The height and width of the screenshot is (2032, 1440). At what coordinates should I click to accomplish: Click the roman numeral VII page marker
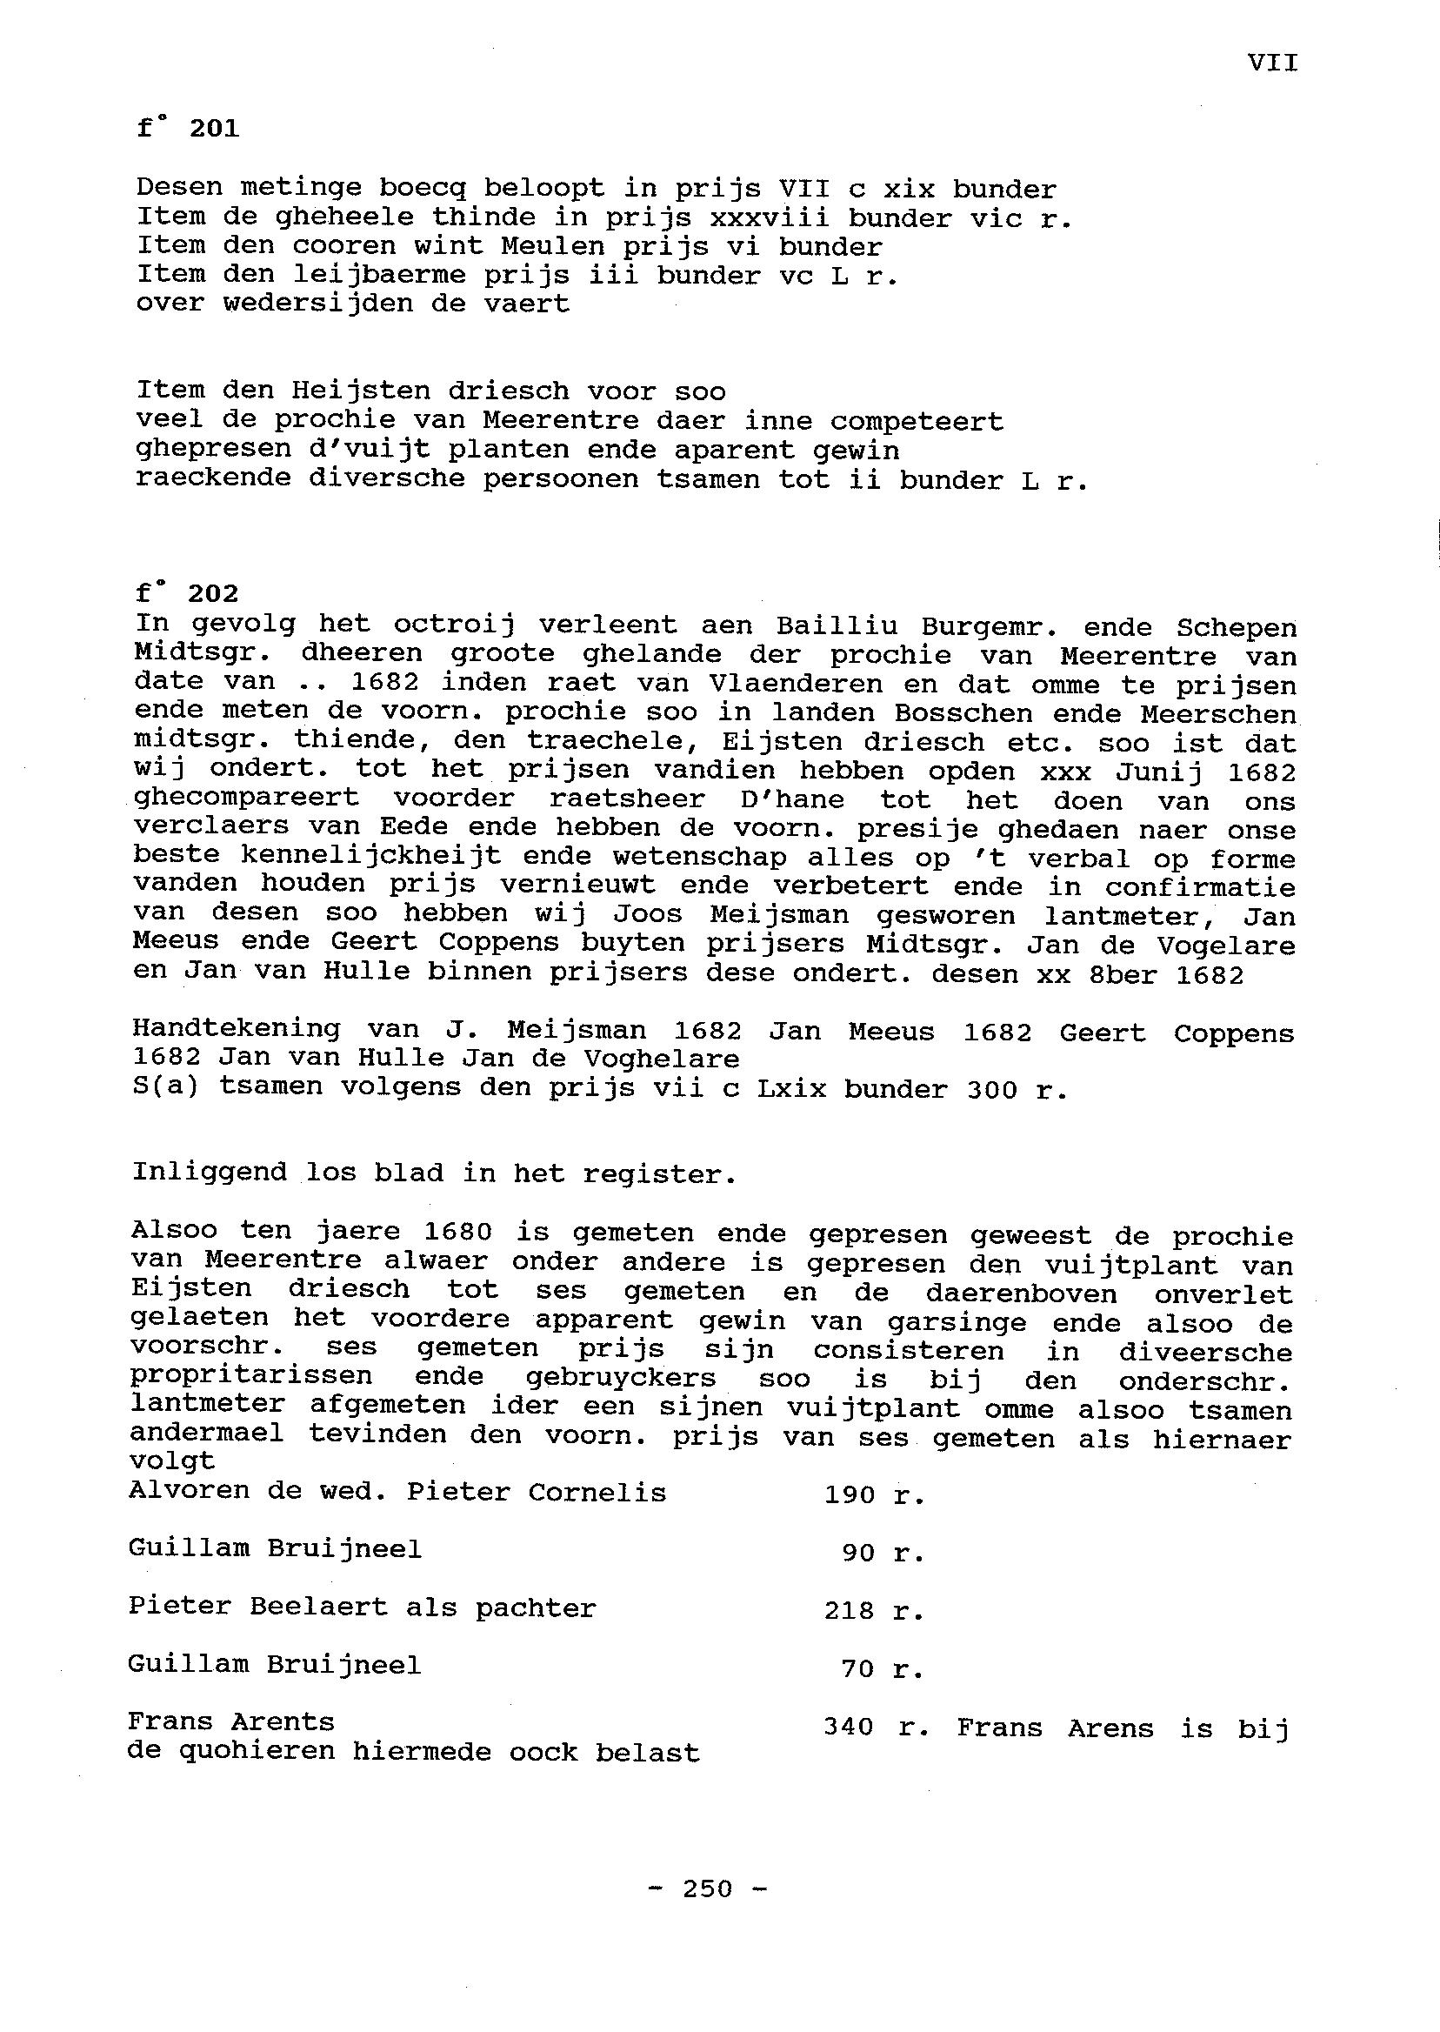[1272, 63]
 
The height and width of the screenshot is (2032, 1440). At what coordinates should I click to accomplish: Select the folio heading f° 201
[188, 130]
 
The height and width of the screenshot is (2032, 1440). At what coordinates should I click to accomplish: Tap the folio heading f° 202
[187, 592]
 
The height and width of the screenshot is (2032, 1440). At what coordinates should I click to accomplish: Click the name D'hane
[792, 799]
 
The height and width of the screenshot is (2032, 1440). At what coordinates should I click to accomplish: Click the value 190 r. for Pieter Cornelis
[874, 1494]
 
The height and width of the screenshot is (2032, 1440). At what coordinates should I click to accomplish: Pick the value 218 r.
[874, 1610]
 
